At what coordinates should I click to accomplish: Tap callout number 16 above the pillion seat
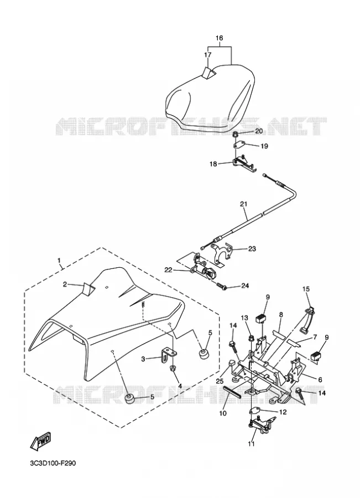tap(219, 38)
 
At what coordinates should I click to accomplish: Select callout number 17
tap(207, 55)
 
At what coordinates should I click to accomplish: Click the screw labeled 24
tap(221, 286)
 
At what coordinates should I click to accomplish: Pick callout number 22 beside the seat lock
tap(168, 269)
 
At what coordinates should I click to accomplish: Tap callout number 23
tap(252, 249)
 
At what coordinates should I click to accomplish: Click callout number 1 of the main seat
tap(59, 260)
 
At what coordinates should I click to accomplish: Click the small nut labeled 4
tap(173, 369)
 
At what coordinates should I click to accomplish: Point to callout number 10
tap(222, 413)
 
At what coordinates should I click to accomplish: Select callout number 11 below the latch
tap(251, 444)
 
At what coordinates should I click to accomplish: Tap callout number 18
tap(213, 164)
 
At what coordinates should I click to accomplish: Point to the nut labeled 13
tap(251, 338)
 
